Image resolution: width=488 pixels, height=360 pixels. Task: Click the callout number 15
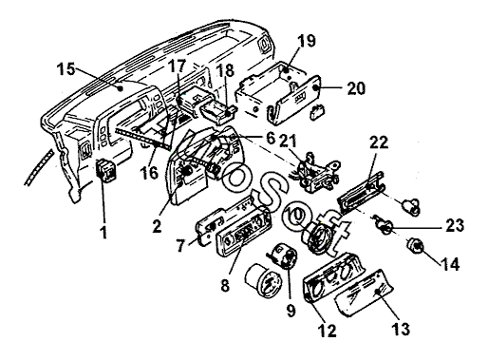pyautogui.click(x=66, y=69)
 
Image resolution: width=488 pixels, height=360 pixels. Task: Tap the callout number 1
pyautogui.click(x=103, y=232)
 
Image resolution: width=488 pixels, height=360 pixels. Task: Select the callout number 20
pyautogui.click(x=356, y=88)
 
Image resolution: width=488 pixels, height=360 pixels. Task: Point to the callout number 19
pyautogui.click(x=307, y=41)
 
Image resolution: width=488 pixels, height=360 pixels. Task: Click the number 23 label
pyautogui.click(x=455, y=225)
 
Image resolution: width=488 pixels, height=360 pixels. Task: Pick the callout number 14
pyautogui.click(x=450, y=264)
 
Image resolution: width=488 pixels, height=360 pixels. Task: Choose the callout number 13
pyautogui.click(x=401, y=329)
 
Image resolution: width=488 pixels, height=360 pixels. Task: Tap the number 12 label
pyautogui.click(x=328, y=331)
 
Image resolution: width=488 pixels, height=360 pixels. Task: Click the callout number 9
pyautogui.click(x=291, y=311)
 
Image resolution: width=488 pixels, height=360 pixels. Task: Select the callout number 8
pyautogui.click(x=224, y=286)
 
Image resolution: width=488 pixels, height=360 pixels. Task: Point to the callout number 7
pyautogui.click(x=180, y=246)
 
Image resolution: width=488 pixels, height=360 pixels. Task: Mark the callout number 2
pyautogui.click(x=157, y=226)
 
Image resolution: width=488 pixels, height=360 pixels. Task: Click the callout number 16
pyautogui.click(x=149, y=173)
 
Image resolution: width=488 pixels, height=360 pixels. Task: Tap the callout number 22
pyautogui.click(x=379, y=142)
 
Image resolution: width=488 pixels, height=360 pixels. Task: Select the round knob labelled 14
pyautogui.click(x=416, y=245)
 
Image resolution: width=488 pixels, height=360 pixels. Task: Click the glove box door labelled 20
pyautogui.click(x=294, y=99)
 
